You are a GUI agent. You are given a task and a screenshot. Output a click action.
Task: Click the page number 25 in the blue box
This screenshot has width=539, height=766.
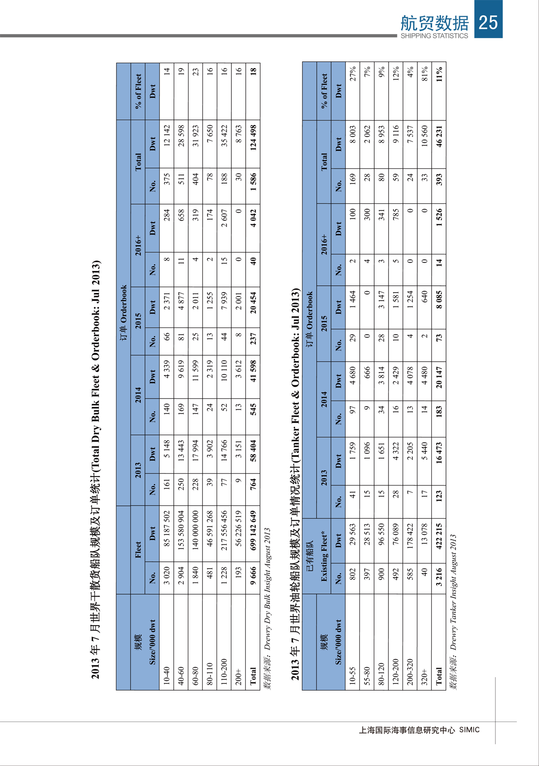click(x=488, y=22)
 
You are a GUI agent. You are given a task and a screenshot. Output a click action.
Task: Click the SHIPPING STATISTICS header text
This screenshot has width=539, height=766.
click(x=434, y=36)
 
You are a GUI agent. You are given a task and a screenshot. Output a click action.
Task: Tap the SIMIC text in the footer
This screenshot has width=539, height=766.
click(x=469, y=730)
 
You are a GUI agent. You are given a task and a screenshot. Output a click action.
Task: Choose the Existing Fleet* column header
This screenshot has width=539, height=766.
click(x=324, y=556)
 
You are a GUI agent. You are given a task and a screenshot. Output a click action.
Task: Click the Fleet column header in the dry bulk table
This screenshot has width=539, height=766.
click(x=138, y=550)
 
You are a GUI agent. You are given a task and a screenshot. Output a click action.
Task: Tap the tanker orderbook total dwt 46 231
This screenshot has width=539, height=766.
click(x=439, y=136)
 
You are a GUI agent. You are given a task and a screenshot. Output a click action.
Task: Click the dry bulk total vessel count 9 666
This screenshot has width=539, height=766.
click(x=253, y=575)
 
